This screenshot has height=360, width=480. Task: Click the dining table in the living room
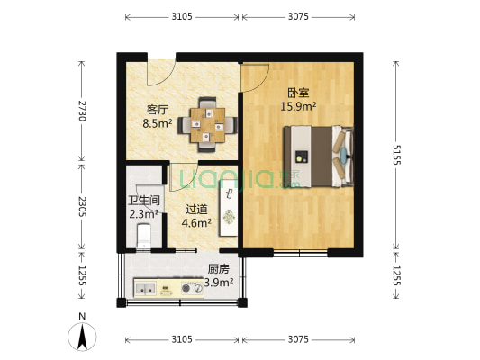coord(207,124)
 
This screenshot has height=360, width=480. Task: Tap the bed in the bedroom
coord(318,157)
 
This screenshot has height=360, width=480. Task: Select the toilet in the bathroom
coord(143,236)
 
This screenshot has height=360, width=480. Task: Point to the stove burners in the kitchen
coord(192,289)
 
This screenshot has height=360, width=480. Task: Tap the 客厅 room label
coord(158,111)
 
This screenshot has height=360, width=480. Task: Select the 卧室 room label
coord(298,93)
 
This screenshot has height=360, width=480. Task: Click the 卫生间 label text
coord(143,201)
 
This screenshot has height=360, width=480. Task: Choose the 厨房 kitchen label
coord(219,268)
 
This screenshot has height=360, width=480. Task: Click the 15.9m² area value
coord(298,107)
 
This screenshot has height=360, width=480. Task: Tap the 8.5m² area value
coord(158,124)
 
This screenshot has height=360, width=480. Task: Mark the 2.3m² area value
coord(143,214)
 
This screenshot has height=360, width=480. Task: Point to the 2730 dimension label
coord(82,111)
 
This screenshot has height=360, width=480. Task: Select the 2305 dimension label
coord(82,207)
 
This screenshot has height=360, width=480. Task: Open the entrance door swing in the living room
coord(162,70)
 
